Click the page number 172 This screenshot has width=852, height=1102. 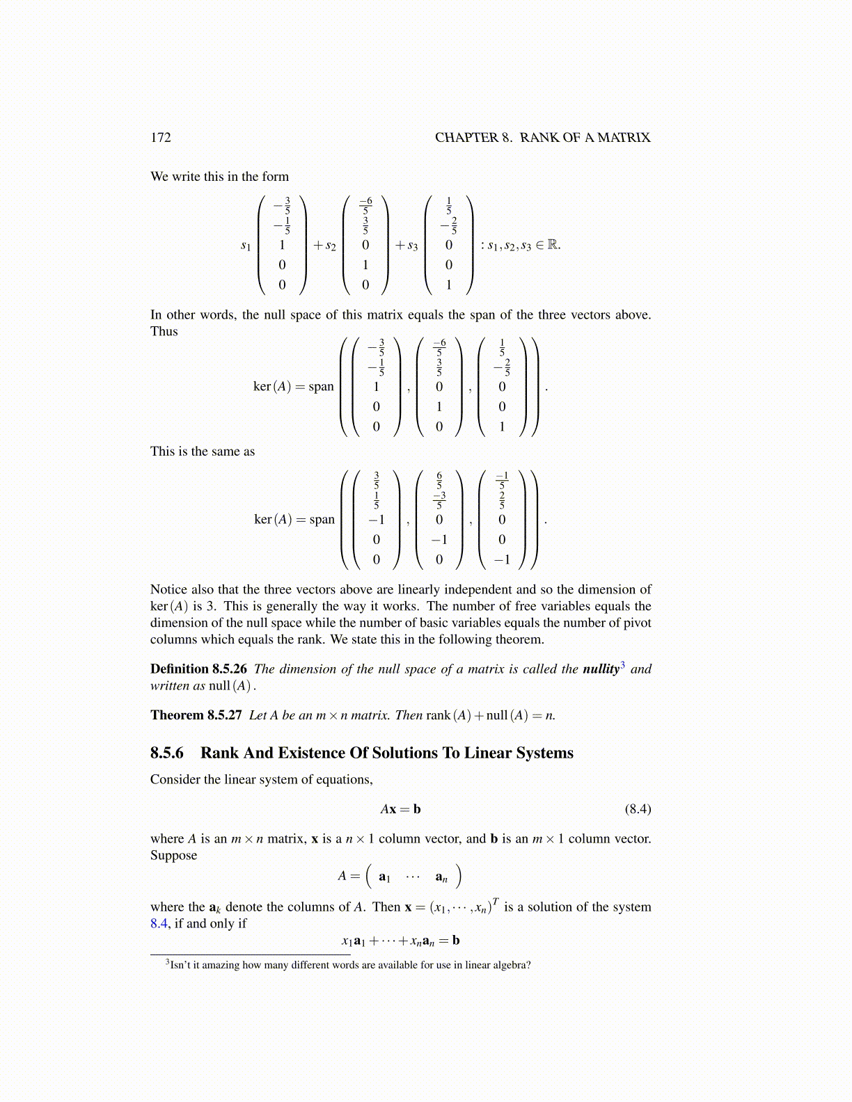[x=161, y=138]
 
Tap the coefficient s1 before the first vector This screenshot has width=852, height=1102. [x=246, y=246]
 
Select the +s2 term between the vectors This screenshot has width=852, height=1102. [x=324, y=246]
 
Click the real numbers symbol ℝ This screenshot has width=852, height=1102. [x=553, y=245]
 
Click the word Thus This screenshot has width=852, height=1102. [x=164, y=332]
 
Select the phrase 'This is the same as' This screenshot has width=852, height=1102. [x=203, y=452]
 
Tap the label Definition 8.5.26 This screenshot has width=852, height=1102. [x=198, y=669]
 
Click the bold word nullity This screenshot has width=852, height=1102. [x=601, y=669]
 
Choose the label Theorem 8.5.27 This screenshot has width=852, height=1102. [x=196, y=715]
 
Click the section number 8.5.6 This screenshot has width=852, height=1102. [x=167, y=753]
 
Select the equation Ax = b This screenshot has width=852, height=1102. [x=400, y=809]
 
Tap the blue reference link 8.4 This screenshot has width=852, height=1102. [x=159, y=924]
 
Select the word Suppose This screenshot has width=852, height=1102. [x=174, y=856]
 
